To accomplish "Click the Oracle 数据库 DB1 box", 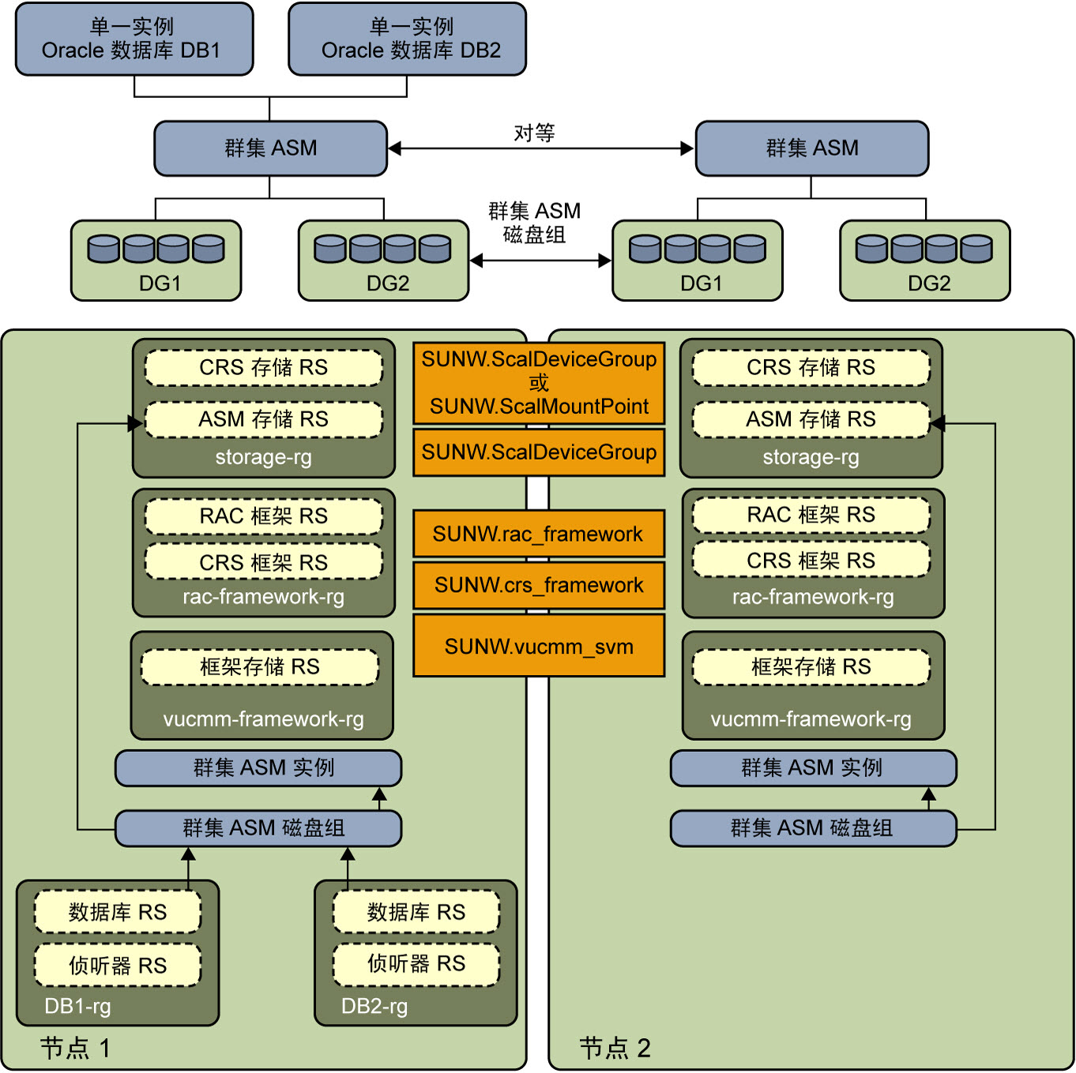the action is [x=134, y=39].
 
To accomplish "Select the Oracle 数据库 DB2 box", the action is [x=407, y=39].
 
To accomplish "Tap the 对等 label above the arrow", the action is [x=534, y=133].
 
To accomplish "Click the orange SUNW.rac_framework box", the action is [x=538, y=533].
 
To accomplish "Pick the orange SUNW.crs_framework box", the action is [x=538, y=585].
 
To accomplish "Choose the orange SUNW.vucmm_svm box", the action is [x=538, y=646].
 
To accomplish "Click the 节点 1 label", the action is [x=75, y=1048].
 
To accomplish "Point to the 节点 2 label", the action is [x=615, y=1048].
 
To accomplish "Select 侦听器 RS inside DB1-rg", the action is [x=118, y=965].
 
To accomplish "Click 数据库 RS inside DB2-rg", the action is [x=416, y=912].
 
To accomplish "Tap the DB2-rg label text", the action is [x=374, y=1006].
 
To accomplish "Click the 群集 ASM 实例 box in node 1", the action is [x=258, y=768].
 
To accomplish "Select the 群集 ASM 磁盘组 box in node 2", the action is [x=813, y=828].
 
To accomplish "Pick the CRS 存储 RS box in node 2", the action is [x=811, y=367].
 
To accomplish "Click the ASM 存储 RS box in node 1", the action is [x=264, y=419].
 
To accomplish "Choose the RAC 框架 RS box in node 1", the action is [x=264, y=516].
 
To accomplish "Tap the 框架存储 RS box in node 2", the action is [x=811, y=666].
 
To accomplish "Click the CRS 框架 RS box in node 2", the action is [x=811, y=560].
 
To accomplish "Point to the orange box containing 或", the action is [x=538, y=383].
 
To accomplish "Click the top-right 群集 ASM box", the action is [x=812, y=148].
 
